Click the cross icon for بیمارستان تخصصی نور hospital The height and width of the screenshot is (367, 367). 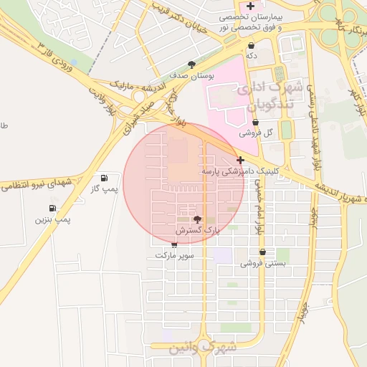249,6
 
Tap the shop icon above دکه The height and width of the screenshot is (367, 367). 251,45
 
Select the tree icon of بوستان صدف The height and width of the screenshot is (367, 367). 191,64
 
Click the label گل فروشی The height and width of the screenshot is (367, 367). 260,133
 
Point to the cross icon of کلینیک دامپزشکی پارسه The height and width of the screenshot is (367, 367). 240,160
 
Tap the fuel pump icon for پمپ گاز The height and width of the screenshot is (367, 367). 105,177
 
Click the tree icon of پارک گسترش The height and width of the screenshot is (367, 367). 198,219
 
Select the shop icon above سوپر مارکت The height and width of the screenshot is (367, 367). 174,244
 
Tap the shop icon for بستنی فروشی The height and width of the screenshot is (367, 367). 264,252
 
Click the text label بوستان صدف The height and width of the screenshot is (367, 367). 192,75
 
